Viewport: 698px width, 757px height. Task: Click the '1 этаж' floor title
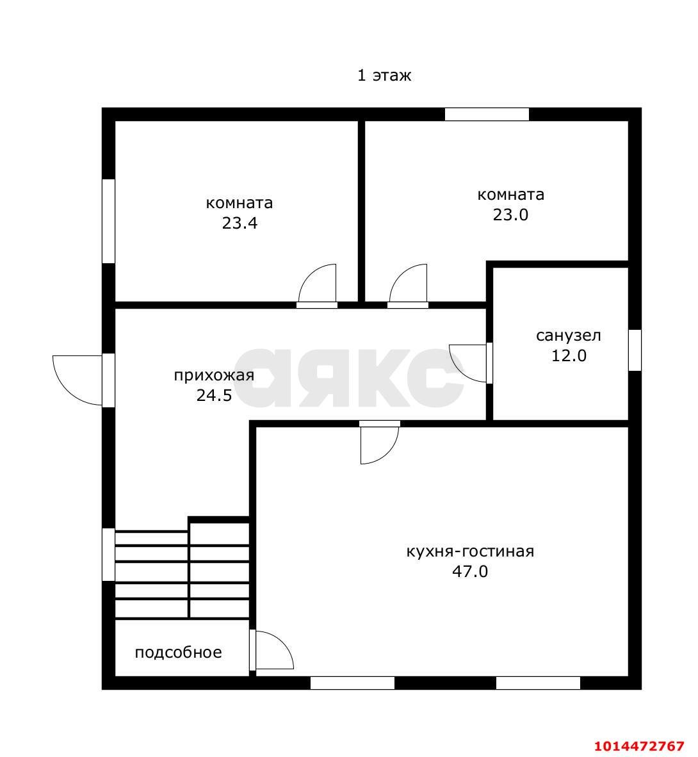pyautogui.click(x=384, y=76)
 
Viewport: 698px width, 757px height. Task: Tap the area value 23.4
pyautogui.click(x=239, y=223)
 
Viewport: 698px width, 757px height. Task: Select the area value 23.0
pyautogui.click(x=510, y=215)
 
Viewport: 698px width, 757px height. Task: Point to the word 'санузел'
pyautogui.click(x=569, y=336)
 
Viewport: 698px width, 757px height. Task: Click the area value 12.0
pyautogui.click(x=569, y=356)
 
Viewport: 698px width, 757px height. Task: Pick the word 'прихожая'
pyautogui.click(x=214, y=375)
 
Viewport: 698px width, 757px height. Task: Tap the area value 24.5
pyautogui.click(x=214, y=395)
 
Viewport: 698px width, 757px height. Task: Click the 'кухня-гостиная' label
pyautogui.click(x=470, y=551)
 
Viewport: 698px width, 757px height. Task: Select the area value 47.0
pyautogui.click(x=470, y=572)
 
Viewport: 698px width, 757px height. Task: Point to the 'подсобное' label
pyautogui.click(x=178, y=653)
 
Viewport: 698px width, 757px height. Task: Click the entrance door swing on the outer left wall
pyautogui.click(x=77, y=380)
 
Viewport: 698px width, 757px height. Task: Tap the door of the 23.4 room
pyautogui.click(x=317, y=285)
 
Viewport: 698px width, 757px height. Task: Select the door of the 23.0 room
pyautogui.click(x=408, y=285)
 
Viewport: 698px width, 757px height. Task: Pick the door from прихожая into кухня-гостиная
pyautogui.click(x=380, y=443)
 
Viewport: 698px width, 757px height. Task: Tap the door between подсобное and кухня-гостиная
pyautogui.click(x=272, y=650)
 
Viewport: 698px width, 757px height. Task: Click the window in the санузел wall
pyautogui.click(x=635, y=350)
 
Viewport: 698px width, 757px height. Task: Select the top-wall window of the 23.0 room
pyautogui.click(x=487, y=115)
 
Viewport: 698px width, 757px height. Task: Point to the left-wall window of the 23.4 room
pyautogui.click(x=109, y=221)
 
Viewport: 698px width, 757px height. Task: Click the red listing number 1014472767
pyautogui.click(x=639, y=746)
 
